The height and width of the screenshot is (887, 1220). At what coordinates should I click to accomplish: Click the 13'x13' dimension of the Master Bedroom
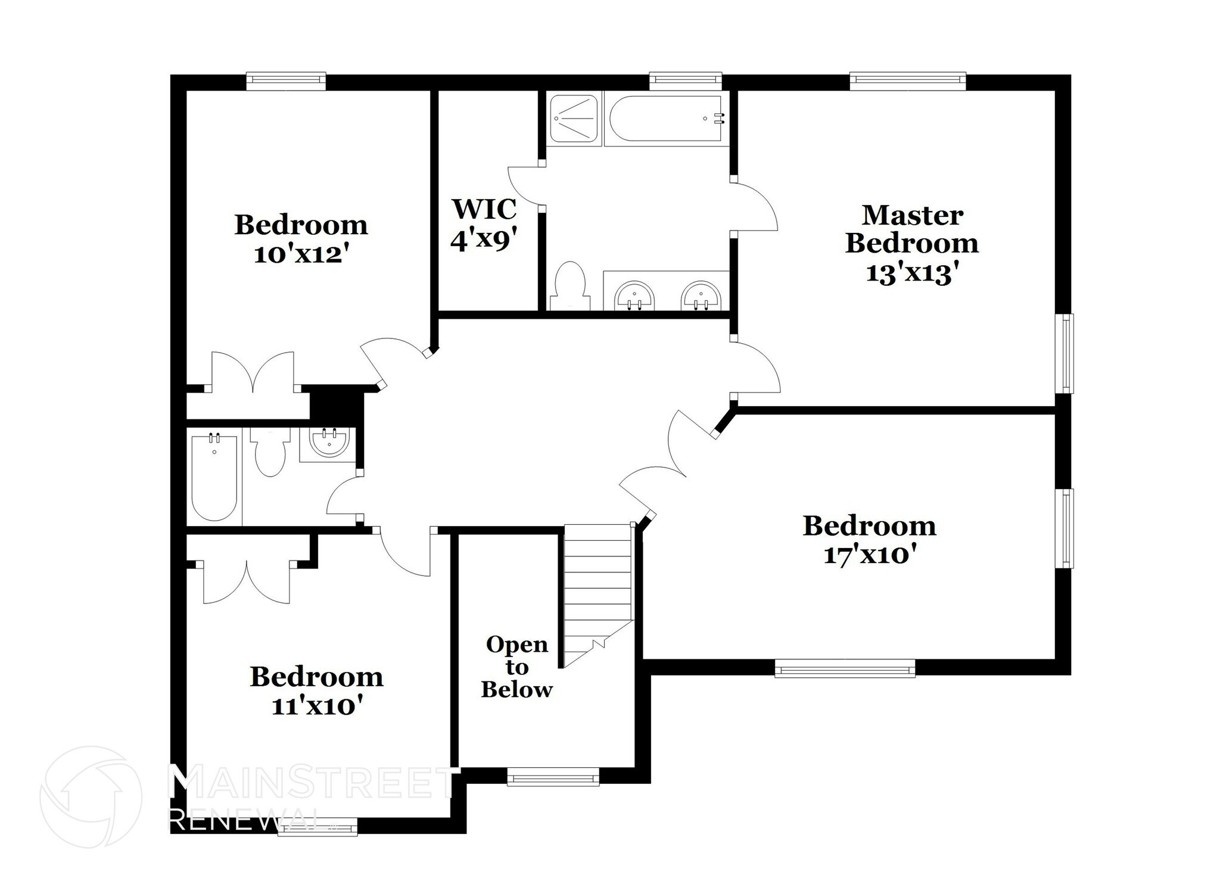pos(911,273)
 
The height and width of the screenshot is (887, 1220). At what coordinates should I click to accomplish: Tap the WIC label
pos(484,209)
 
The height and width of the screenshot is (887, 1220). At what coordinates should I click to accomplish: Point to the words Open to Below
pos(516,667)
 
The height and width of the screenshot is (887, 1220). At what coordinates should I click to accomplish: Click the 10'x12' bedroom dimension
pos(301,255)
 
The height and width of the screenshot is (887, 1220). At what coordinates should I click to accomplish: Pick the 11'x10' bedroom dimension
pos(317,707)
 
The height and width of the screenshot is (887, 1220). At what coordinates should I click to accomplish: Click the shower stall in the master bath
pos(572,119)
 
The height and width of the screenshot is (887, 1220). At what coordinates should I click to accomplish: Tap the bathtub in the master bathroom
pos(665,119)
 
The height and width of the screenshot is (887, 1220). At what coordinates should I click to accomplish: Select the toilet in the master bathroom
pos(570,286)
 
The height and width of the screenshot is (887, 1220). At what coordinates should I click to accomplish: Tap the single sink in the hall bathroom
pos(328,442)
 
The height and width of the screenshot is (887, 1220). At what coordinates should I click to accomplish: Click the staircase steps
pos(597,584)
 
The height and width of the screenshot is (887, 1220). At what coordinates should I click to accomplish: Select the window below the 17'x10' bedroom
pos(844,668)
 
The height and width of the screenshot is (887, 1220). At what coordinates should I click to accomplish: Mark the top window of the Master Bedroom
pos(907,81)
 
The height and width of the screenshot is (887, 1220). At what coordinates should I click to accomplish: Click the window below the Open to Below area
pos(553,776)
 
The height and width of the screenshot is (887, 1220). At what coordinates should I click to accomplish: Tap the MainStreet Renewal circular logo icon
pos(91,796)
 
